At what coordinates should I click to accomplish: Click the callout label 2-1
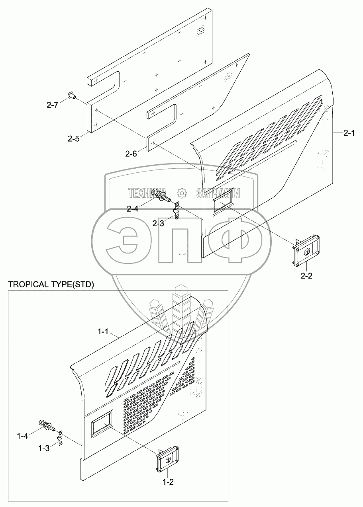tap(349, 133)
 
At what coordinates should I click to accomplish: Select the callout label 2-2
tap(306, 276)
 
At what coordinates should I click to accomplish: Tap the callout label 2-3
tap(158, 223)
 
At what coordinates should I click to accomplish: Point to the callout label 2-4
tap(133, 209)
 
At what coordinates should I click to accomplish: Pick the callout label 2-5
tap(74, 138)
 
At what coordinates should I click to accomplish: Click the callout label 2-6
tap(131, 154)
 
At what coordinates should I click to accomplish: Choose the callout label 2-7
tap(53, 105)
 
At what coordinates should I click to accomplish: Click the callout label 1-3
tap(44, 448)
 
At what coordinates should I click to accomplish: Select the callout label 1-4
tap(23, 436)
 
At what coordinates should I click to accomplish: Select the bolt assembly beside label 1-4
tap(47, 425)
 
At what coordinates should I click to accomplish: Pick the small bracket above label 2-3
tap(177, 211)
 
